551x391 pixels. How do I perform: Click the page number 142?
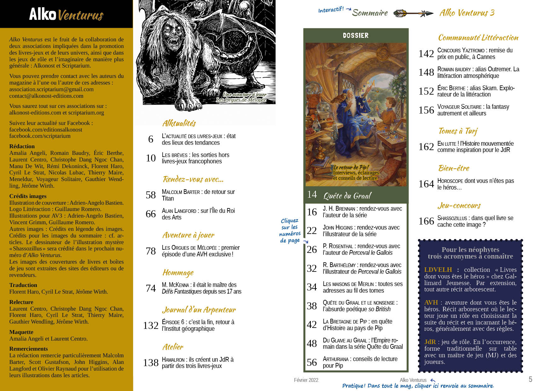[x=426, y=54]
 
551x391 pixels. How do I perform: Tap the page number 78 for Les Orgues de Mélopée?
[x=151, y=251]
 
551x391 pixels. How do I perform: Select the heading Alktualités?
[x=179, y=123]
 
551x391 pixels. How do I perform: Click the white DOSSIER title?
[x=356, y=36]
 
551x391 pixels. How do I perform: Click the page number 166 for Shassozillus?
[x=426, y=221]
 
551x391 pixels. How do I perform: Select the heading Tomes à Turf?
[x=458, y=131]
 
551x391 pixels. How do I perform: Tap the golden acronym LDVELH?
[x=438, y=270]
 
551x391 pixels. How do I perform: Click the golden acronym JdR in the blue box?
[x=430, y=342]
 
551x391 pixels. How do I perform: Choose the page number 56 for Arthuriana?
[x=312, y=362]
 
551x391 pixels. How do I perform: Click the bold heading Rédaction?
[x=22, y=146]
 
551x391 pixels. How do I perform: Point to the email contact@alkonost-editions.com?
[x=46, y=96]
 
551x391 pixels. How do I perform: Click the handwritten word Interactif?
[x=331, y=10]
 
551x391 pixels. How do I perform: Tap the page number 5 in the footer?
[x=531, y=379]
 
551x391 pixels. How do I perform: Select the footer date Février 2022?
[x=306, y=380]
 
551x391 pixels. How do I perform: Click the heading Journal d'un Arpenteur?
[x=199, y=310]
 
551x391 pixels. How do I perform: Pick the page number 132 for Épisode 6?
[x=151, y=325]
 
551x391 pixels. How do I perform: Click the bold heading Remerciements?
[x=29, y=349]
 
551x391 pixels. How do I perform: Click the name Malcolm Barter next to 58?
[x=181, y=192]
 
